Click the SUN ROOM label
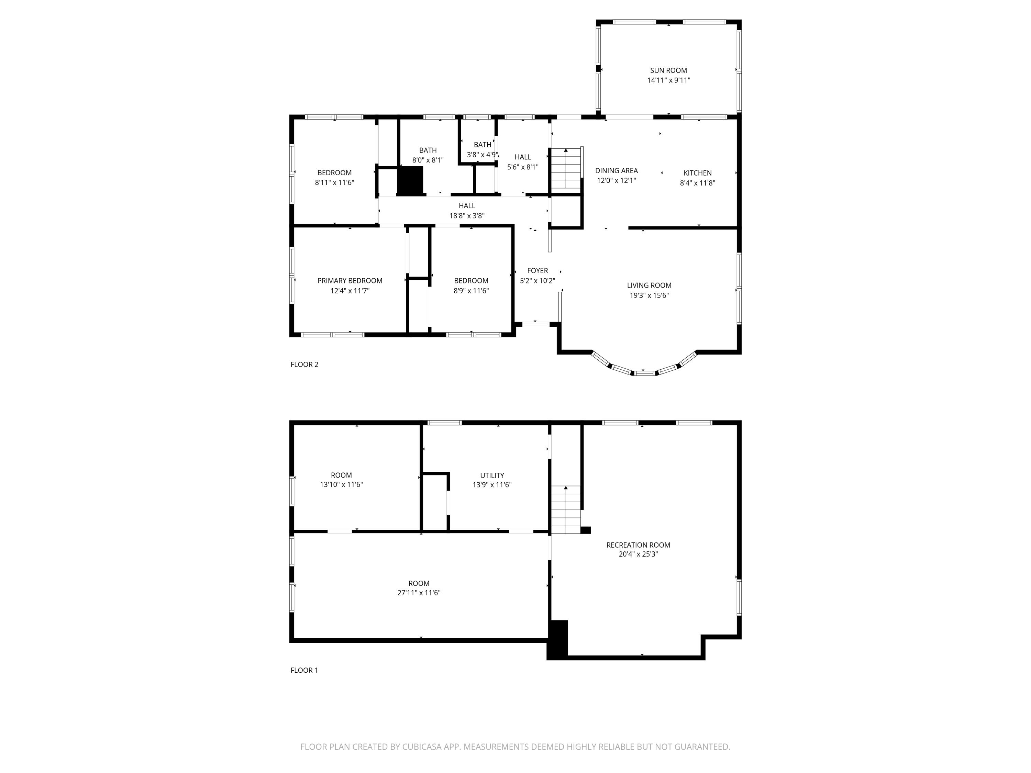[668, 70]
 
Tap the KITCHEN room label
[697, 173]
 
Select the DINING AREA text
[616, 170]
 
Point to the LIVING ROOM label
[649, 285]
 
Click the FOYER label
[537, 271]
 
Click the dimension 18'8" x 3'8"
[467, 216]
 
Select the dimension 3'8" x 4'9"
[483, 155]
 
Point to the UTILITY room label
[492, 475]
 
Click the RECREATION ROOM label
[638, 545]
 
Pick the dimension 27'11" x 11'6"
[419, 593]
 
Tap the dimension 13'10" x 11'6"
[341, 484]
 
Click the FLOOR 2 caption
[304, 365]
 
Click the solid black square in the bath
[410, 180]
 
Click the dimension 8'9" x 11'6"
[471, 291]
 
